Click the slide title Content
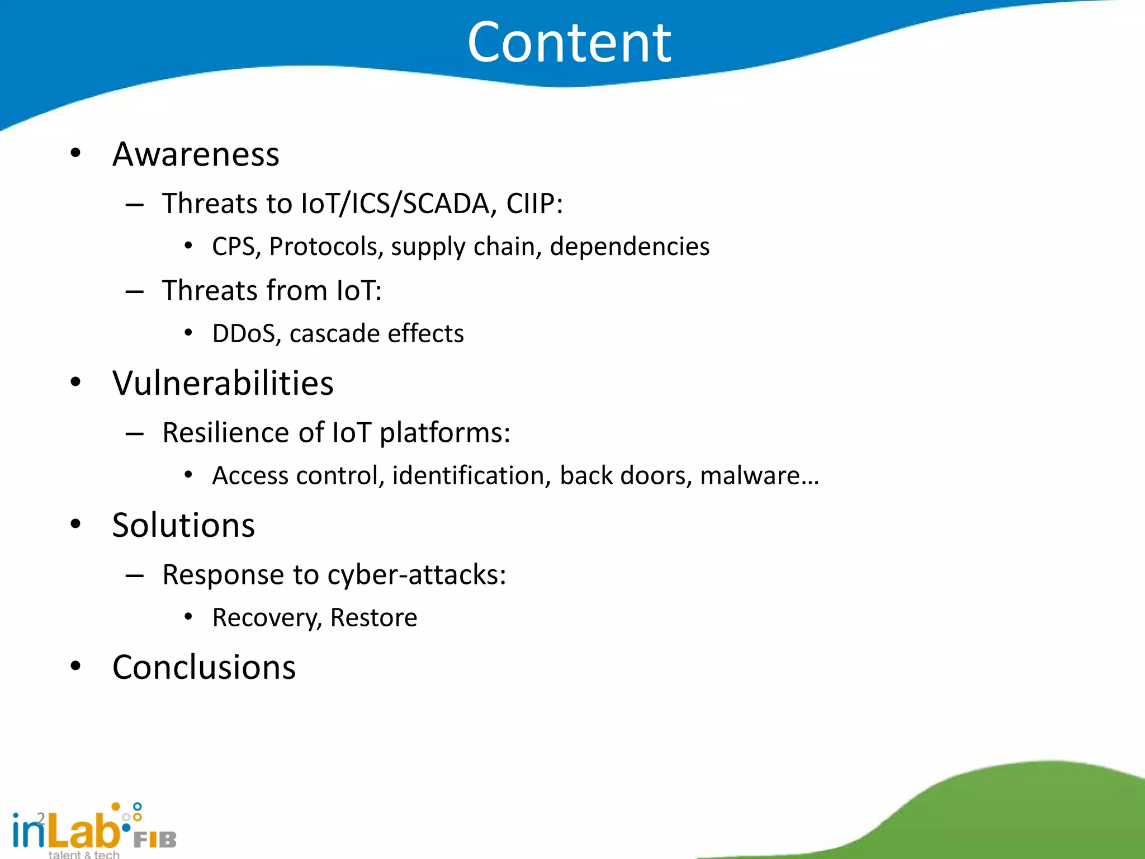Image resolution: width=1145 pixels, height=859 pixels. (569, 43)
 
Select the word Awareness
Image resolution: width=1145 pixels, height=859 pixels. (196, 154)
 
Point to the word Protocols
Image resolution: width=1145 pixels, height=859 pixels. (326, 247)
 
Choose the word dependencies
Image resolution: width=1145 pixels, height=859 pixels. (630, 247)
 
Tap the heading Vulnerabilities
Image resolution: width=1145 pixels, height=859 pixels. (223, 384)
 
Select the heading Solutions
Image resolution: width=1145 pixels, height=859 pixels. (183, 526)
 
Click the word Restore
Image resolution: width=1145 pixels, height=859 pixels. (373, 618)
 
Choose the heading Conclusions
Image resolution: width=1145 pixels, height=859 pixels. (204, 668)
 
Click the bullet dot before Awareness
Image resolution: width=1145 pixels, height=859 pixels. (75, 153)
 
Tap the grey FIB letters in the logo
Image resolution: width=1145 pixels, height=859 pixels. (155, 839)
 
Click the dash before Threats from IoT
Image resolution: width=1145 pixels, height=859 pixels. (135, 291)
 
